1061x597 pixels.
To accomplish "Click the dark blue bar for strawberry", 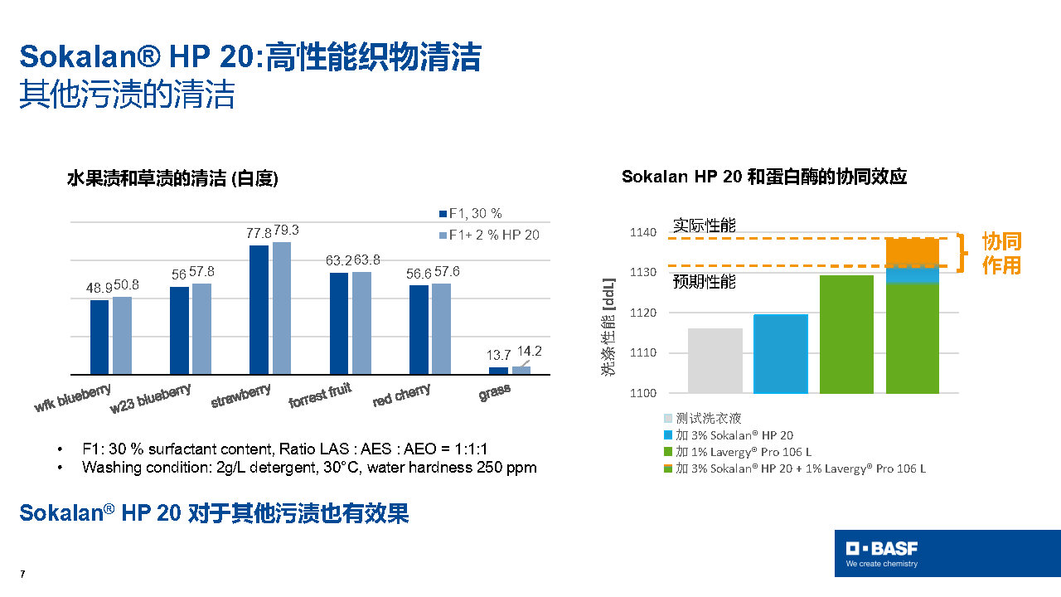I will [x=259, y=309].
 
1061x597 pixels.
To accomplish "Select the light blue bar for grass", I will [x=521, y=370].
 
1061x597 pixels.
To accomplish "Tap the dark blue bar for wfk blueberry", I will [x=99, y=337].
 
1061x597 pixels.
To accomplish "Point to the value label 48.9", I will [x=99, y=287].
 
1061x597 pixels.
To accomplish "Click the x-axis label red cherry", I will [x=401, y=396].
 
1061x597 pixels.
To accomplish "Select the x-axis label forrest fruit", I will [x=320, y=396].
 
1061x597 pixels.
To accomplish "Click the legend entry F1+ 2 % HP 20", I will [x=494, y=235].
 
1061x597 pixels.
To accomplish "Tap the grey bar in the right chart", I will [x=715, y=361].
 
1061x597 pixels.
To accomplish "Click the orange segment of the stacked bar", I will [x=912, y=251].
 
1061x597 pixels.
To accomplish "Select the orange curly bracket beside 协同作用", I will [x=963, y=253].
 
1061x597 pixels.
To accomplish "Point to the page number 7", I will [x=22, y=575].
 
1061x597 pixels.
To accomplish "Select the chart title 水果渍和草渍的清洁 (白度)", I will [x=172, y=179].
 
